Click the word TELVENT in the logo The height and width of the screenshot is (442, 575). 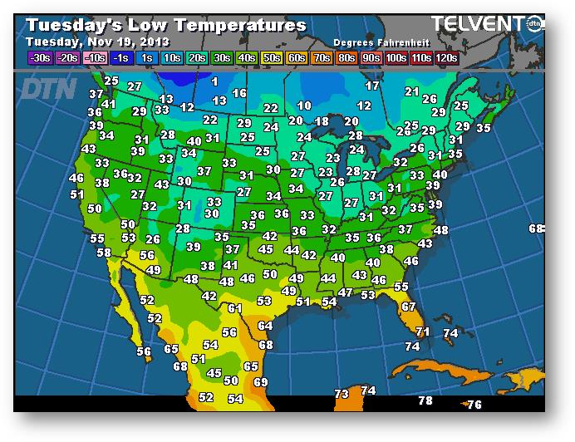(473, 25)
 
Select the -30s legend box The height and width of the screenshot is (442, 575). (38, 57)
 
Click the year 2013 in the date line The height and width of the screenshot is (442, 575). (155, 42)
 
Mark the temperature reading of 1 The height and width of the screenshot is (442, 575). (214, 81)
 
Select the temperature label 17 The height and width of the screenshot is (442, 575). (372, 86)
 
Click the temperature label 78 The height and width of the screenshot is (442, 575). (425, 400)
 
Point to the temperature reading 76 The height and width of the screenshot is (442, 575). (474, 405)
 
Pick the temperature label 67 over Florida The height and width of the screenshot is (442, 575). (408, 307)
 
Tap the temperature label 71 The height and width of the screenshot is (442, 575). (423, 331)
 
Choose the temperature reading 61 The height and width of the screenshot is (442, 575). (235, 308)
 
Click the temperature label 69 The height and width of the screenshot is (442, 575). (261, 382)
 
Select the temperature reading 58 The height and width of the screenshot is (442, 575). (104, 253)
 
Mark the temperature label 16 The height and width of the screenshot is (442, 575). (239, 94)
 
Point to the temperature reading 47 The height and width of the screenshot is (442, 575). (345, 292)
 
